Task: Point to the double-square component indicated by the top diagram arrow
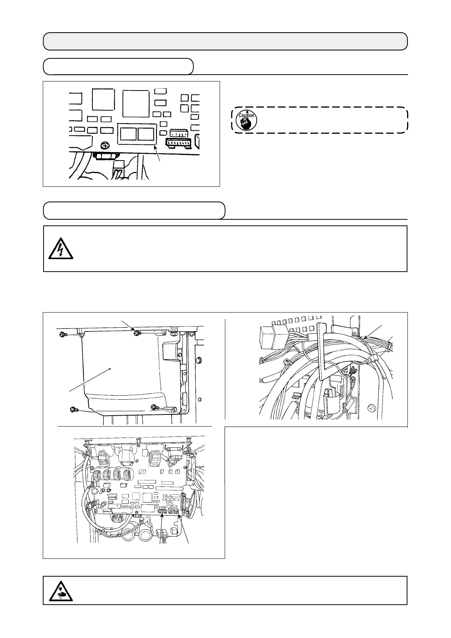(137, 134)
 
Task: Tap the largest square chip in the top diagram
(135, 103)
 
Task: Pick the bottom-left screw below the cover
(73, 409)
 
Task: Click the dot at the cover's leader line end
(110, 368)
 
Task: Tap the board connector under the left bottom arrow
(163, 511)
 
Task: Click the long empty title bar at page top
(225, 41)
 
